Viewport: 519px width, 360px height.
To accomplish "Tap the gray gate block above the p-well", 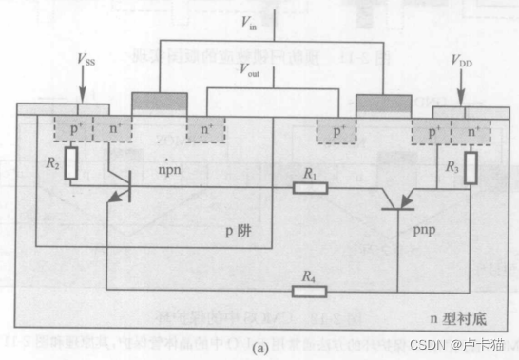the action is [159, 101].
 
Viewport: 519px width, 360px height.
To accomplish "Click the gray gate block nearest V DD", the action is [383, 101].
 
